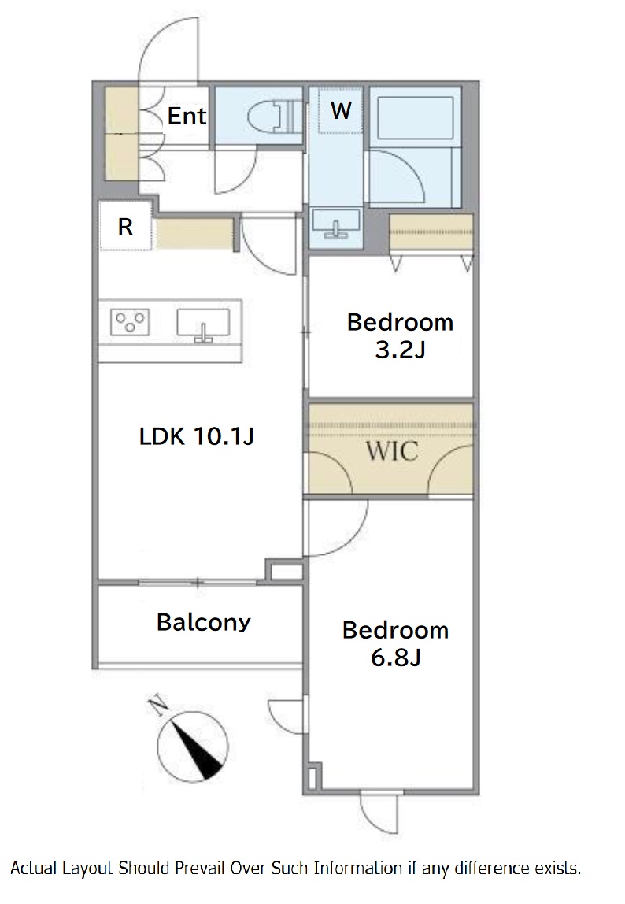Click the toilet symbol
click(x=275, y=117)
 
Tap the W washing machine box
click(x=341, y=110)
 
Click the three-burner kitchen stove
click(x=131, y=322)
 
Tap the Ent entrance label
click(x=187, y=116)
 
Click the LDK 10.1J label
click(x=197, y=436)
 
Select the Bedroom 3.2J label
click(x=400, y=335)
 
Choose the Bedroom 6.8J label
click(x=395, y=643)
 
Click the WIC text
click(x=392, y=451)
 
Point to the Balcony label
click(x=204, y=622)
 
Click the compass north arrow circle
click(x=193, y=746)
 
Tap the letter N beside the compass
click(x=157, y=706)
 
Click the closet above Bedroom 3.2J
click(x=431, y=234)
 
